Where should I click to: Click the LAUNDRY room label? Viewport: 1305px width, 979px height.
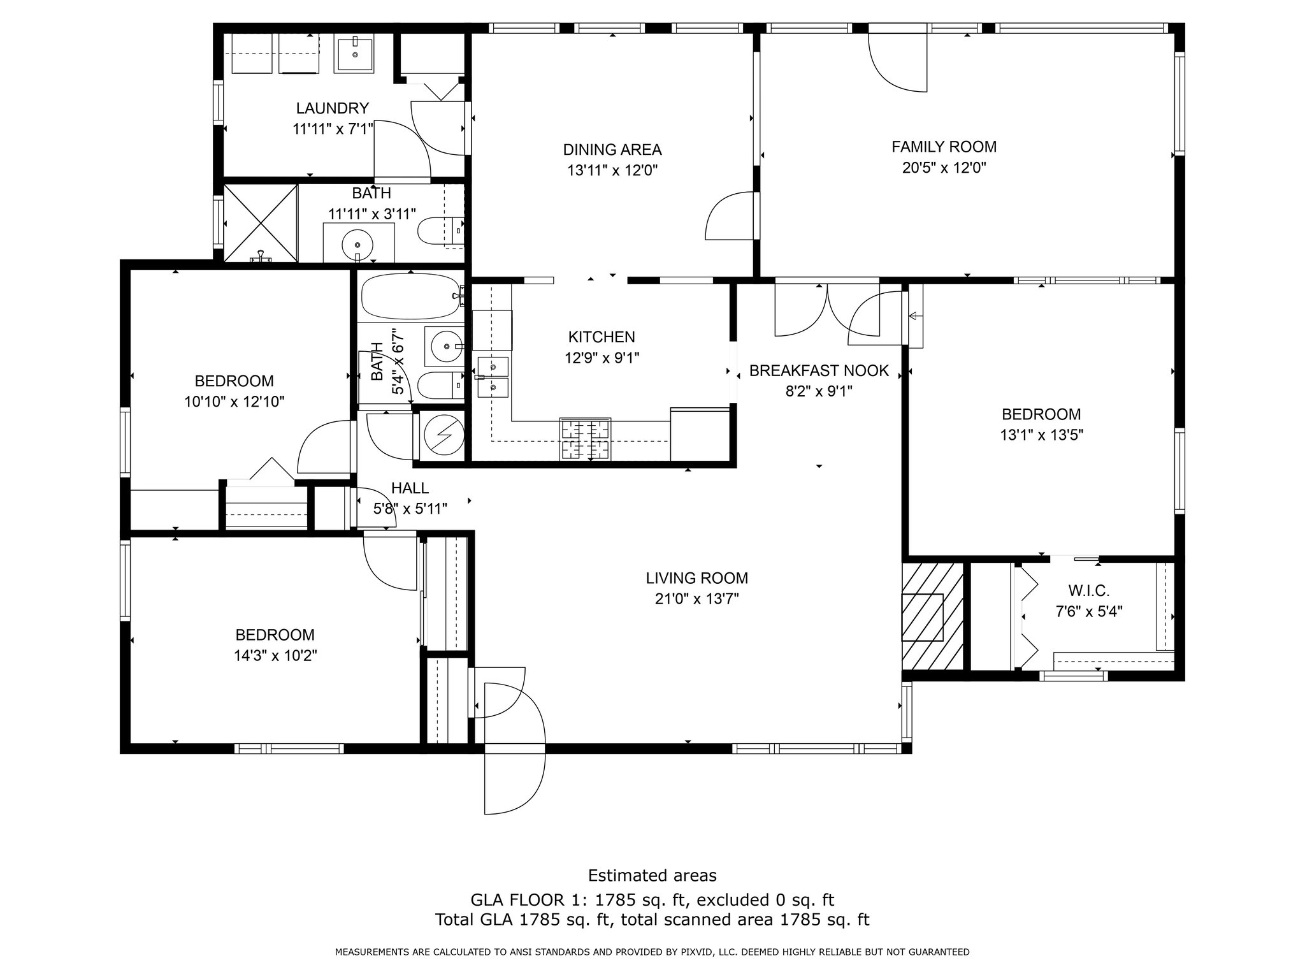(x=332, y=108)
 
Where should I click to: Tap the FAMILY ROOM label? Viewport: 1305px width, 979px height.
(x=944, y=147)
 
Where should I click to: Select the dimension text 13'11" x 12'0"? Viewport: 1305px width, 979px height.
(x=612, y=171)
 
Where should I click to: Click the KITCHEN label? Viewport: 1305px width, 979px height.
(x=602, y=337)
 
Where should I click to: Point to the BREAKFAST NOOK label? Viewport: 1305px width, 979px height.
(x=819, y=371)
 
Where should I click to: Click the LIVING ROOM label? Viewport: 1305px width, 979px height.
(x=696, y=578)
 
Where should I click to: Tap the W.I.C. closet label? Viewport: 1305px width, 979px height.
(x=1089, y=591)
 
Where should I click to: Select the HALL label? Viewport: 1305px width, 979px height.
(x=410, y=488)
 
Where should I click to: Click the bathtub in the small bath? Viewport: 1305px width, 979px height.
(x=411, y=297)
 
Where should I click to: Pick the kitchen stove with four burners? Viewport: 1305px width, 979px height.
(x=585, y=439)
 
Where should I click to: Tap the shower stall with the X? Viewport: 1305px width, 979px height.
(x=260, y=223)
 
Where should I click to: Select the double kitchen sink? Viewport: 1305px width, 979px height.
(x=491, y=377)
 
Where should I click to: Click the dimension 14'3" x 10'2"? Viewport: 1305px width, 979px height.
(x=275, y=656)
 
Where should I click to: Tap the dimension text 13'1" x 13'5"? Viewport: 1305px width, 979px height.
(x=1041, y=435)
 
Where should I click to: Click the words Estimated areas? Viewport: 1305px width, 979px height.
(x=652, y=875)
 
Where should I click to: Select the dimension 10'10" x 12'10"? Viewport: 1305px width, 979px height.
(x=234, y=402)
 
